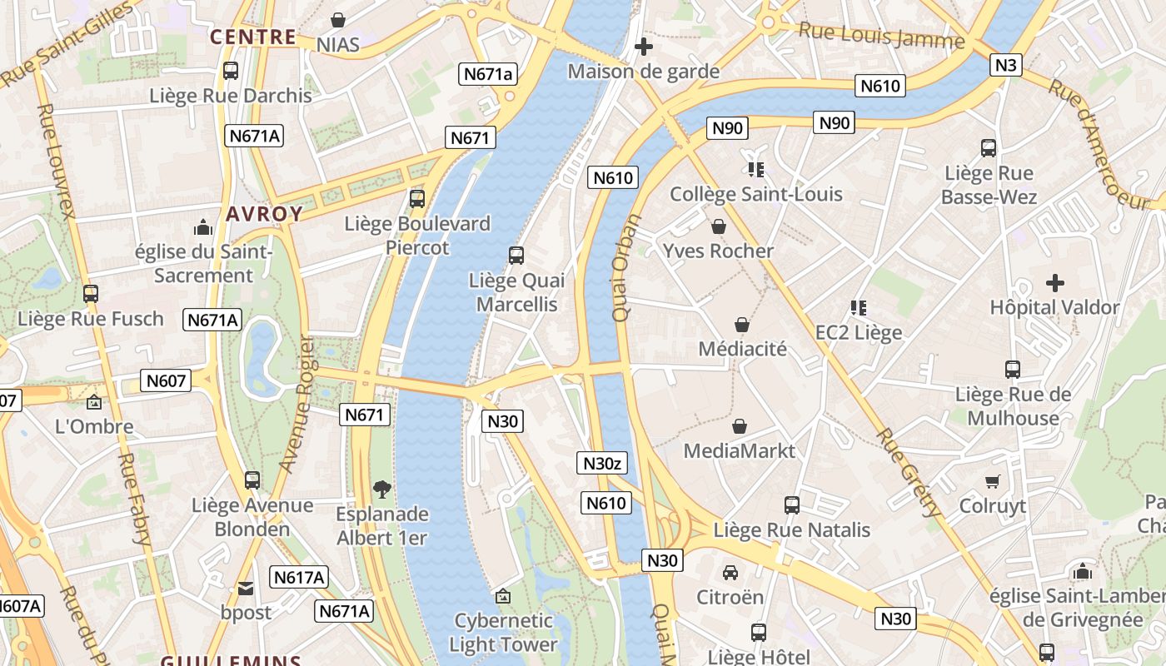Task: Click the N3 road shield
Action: point(1006,65)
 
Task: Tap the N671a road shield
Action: point(489,73)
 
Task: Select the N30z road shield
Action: point(602,463)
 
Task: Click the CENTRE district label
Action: point(253,37)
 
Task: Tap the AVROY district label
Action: point(264,214)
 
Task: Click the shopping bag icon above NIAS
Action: point(338,19)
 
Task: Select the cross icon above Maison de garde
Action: point(643,47)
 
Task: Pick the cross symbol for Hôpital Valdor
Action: point(1055,283)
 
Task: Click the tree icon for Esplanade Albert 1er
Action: point(381,489)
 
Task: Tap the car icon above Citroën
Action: point(730,572)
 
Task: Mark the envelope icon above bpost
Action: point(246,588)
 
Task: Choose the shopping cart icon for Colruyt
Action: point(992,481)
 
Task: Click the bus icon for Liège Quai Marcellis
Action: point(516,256)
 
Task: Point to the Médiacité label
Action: point(742,349)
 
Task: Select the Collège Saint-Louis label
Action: point(756,194)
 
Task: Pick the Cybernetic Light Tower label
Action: point(503,632)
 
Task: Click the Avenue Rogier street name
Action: point(296,405)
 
